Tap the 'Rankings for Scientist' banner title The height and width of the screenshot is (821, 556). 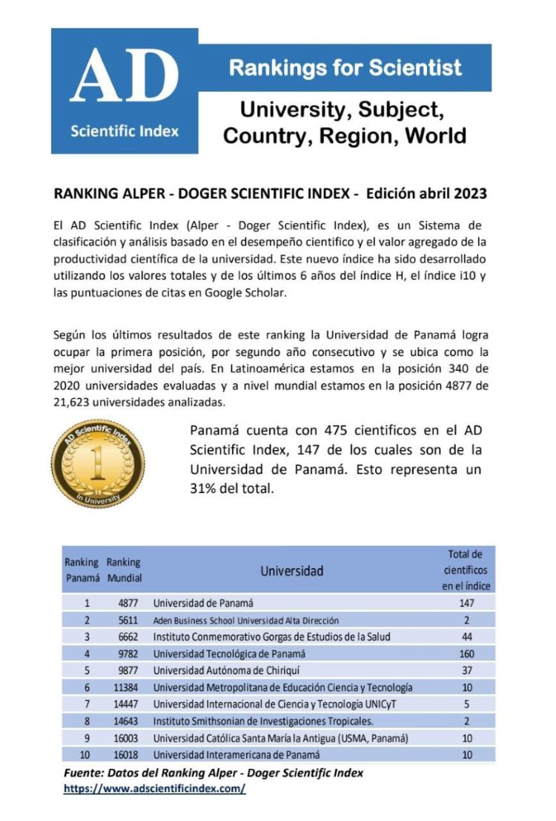click(x=345, y=68)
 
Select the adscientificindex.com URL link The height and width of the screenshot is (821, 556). click(x=154, y=788)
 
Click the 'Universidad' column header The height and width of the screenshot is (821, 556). click(x=291, y=571)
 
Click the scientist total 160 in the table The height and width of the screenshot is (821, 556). click(x=467, y=653)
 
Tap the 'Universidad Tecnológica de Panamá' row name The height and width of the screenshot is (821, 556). click(x=229, y=653)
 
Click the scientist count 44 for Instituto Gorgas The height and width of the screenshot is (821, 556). click(x=467, y=636)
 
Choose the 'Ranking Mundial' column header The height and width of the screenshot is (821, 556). click(x=124, y=570)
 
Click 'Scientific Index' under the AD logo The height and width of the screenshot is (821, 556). click(x=125, y=131)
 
